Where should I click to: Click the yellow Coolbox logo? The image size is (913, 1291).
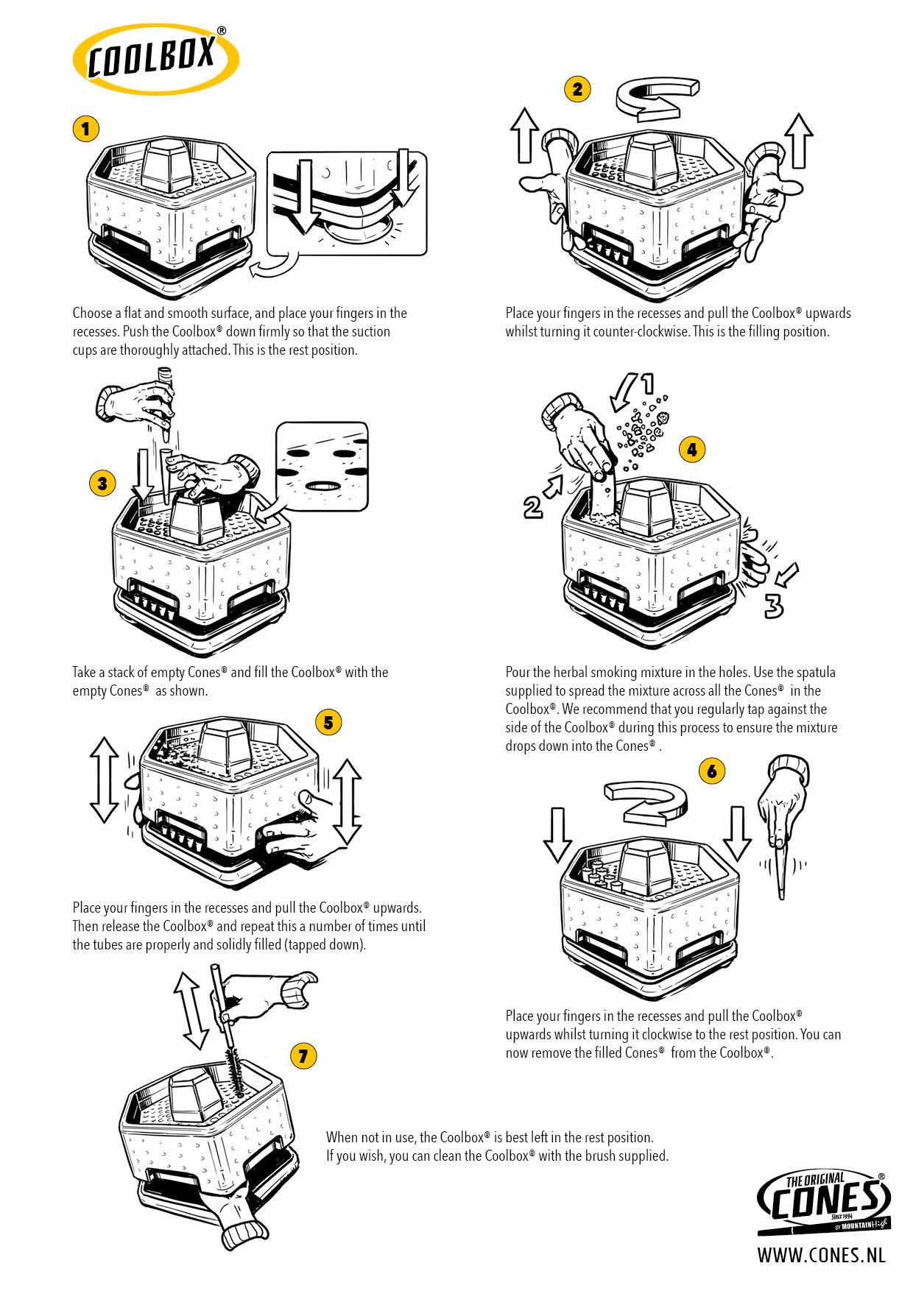point(155,58)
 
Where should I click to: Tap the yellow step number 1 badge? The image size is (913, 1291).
point(85,130)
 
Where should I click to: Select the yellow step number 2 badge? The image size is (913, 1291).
point(577,89)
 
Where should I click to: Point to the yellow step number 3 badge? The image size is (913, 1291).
point(102,483)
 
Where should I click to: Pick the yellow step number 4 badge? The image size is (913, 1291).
point(691,449)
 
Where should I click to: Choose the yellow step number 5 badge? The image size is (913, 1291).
point(328,722)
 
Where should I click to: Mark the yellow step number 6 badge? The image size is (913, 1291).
point(711,771)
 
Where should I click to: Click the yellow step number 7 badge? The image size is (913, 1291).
point(303,1056)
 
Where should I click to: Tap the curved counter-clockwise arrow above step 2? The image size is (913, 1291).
point(655,98)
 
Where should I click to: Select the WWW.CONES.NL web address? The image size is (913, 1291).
point(821,1255)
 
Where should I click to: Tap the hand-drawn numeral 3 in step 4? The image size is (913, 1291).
point(773,605)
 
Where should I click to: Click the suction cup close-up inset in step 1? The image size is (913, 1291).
point(347,202)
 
